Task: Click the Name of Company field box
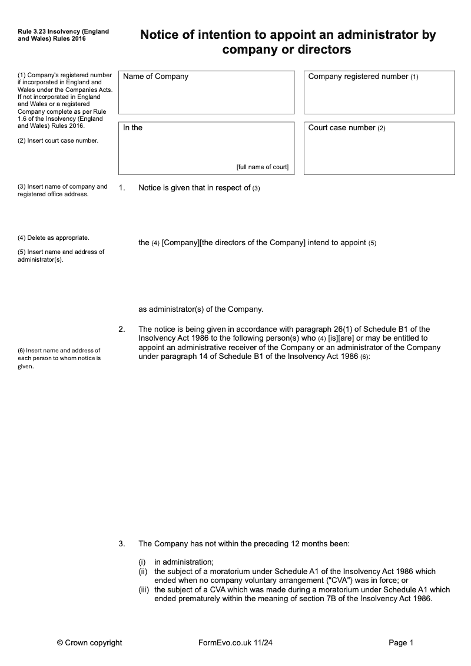(x=206, y=93)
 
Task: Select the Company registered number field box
(x=379, y=93)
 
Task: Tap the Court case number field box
(x=379, y=149)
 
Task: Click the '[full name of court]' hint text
(x=263, y=167)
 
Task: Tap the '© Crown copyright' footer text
(x=89, y=643)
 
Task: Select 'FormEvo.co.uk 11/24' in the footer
(x=235, y=643)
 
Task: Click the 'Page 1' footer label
(x=402, y=643)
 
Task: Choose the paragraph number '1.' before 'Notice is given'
(x=122, y=188)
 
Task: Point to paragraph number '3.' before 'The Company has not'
(x=122, y=543)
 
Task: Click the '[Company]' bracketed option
(x=181, y=242)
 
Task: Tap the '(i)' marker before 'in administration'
(x=142, y=562)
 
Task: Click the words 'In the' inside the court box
(x=133, y=127)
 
